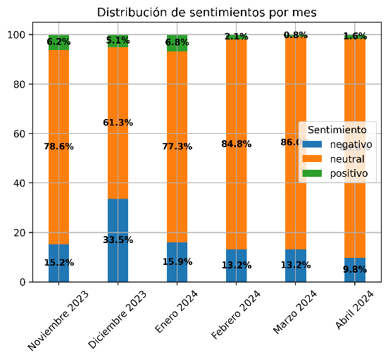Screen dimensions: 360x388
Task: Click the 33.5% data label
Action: (118, 240)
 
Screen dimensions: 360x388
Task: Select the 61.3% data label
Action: (118, 123)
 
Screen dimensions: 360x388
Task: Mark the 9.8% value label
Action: (355, 268)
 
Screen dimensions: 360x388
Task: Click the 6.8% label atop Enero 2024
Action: (177, 42)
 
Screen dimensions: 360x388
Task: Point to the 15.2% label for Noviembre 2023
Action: (58, 263)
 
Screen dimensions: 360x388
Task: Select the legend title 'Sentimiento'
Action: (337, 130)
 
